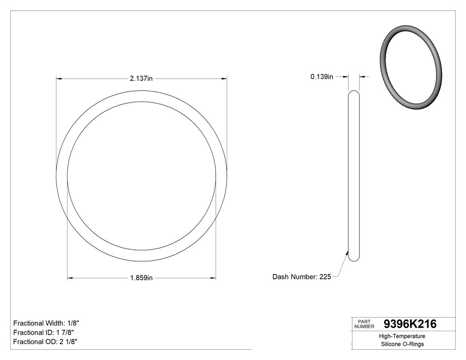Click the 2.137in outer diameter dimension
(x=141, y=79)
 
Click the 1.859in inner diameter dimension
(x=141, y=278)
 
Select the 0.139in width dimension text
(x=322, y=77)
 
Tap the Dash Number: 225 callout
(x=302, y=277)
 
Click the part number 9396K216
(x=410, y=324)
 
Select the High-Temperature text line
(x=403, y=336)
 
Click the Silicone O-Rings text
(x=403, y=344)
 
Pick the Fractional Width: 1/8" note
(x=47, y=323)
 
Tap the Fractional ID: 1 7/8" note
(x=43, y=332)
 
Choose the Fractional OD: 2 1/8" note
(x=46, y=342)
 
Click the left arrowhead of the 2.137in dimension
(x=59, y=79)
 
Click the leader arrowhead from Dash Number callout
(x=347, y=253)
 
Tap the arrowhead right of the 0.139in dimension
(x=362, y=77)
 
